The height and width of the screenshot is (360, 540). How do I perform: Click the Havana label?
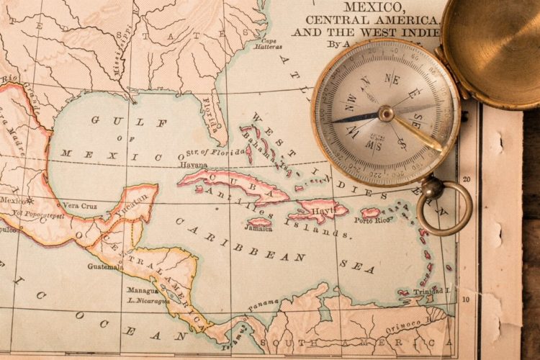[194, 165]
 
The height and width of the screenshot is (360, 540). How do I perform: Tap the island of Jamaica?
[259, 222]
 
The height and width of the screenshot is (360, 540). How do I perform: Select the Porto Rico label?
[372, 221]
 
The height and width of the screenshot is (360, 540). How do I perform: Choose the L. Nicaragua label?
[148, 301]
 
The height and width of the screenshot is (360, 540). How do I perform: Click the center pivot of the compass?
[387, 114]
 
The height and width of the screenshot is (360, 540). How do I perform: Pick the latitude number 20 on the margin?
[467, 179]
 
